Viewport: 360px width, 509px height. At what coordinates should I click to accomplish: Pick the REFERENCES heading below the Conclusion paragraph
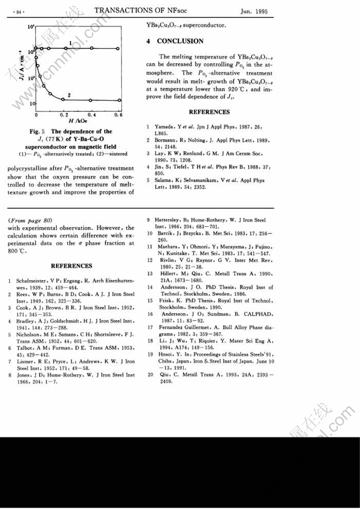click(x=209, y=112)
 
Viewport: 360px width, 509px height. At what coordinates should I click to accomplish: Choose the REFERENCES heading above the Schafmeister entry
click(x=71, y=266)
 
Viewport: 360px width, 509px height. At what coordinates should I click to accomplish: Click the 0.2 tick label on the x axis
click(x=64, y=114)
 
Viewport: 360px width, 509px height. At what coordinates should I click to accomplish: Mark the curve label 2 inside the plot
click(x=69, y=94)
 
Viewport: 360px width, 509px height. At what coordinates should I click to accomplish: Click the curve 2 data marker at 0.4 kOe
click(x=92, y=100)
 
